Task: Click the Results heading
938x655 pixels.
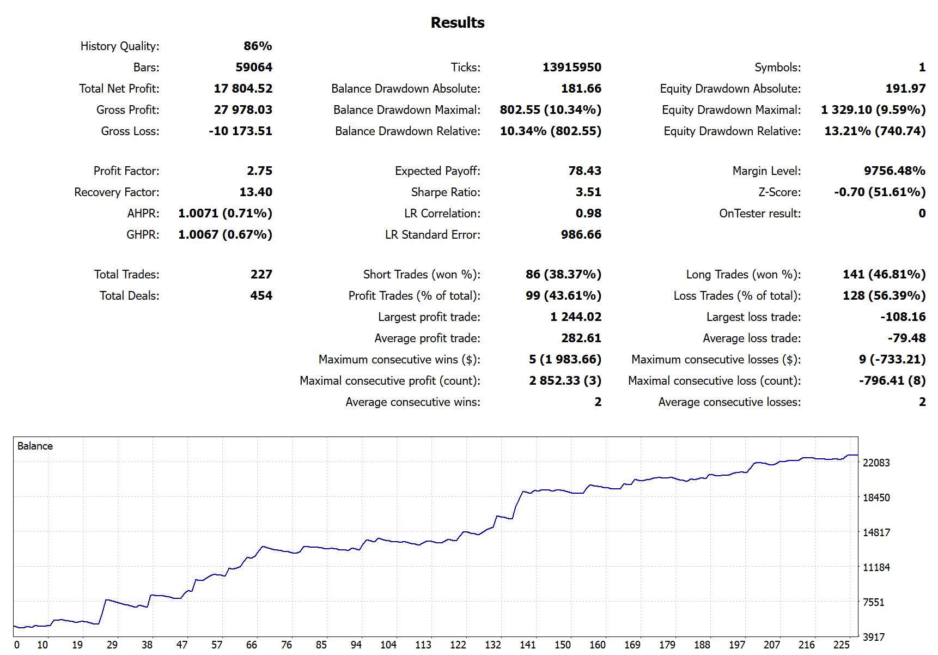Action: [457, 22]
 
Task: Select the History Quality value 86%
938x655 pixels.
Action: [258, 46]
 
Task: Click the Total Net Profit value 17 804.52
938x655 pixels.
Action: [243, 88]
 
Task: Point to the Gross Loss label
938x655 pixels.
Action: [130, 131]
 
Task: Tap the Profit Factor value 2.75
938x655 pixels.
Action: [259, 171]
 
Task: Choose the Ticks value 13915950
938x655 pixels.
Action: [571, 67]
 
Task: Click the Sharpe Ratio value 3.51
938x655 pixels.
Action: [588, 192]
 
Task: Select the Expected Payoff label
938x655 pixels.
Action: [437, 171]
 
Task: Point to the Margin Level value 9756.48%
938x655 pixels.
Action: [894, 171]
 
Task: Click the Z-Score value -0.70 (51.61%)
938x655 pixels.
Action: [880, 192]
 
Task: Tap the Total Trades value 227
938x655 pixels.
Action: [261, 274]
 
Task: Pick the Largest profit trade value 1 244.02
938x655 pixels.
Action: [575, 317]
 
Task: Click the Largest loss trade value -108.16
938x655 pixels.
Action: [903, 317]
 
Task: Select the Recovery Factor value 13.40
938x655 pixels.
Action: [255, 192]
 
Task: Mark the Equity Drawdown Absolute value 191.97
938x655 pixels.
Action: [905, 88]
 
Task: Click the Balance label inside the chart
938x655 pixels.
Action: [35, 446]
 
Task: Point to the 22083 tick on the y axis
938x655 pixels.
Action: [876, 463]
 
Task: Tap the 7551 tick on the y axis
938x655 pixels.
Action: [873, 602]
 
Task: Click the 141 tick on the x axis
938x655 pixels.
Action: [527, 645]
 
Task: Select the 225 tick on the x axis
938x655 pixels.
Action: [841, 645]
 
